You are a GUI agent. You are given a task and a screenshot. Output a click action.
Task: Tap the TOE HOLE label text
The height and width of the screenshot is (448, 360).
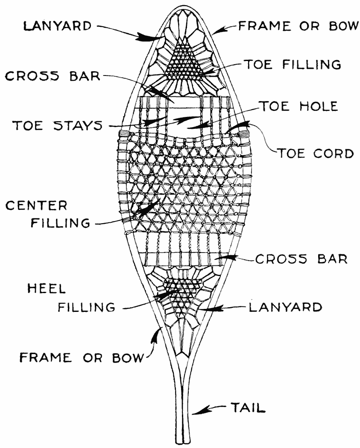(298, 107)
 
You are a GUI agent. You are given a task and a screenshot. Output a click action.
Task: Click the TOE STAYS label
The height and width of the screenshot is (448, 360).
(57, 125)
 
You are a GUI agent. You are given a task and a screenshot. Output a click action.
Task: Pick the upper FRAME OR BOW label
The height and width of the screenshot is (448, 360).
(297, 26)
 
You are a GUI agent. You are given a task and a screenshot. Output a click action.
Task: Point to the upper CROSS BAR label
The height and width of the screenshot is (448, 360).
(53, 77)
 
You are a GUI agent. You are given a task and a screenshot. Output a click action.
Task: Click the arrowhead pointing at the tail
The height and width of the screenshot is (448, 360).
(196, 412)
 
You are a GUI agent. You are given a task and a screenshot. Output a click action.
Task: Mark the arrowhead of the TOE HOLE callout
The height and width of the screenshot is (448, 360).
(191, 127)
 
